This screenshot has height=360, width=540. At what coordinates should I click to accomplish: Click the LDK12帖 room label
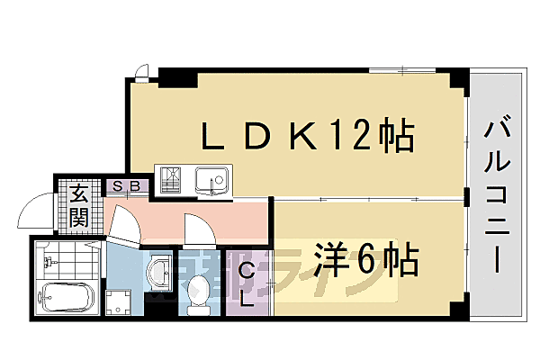coord(306,139)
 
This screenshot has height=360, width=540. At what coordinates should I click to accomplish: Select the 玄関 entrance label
coord(78,205)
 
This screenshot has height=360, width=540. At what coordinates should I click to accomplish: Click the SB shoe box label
coord(127,187)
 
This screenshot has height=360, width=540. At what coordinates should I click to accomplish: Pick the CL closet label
coord(246,283)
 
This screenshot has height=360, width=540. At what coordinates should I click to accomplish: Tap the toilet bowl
coord(198,292)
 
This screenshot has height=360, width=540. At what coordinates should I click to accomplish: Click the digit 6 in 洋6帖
coord(367,262)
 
